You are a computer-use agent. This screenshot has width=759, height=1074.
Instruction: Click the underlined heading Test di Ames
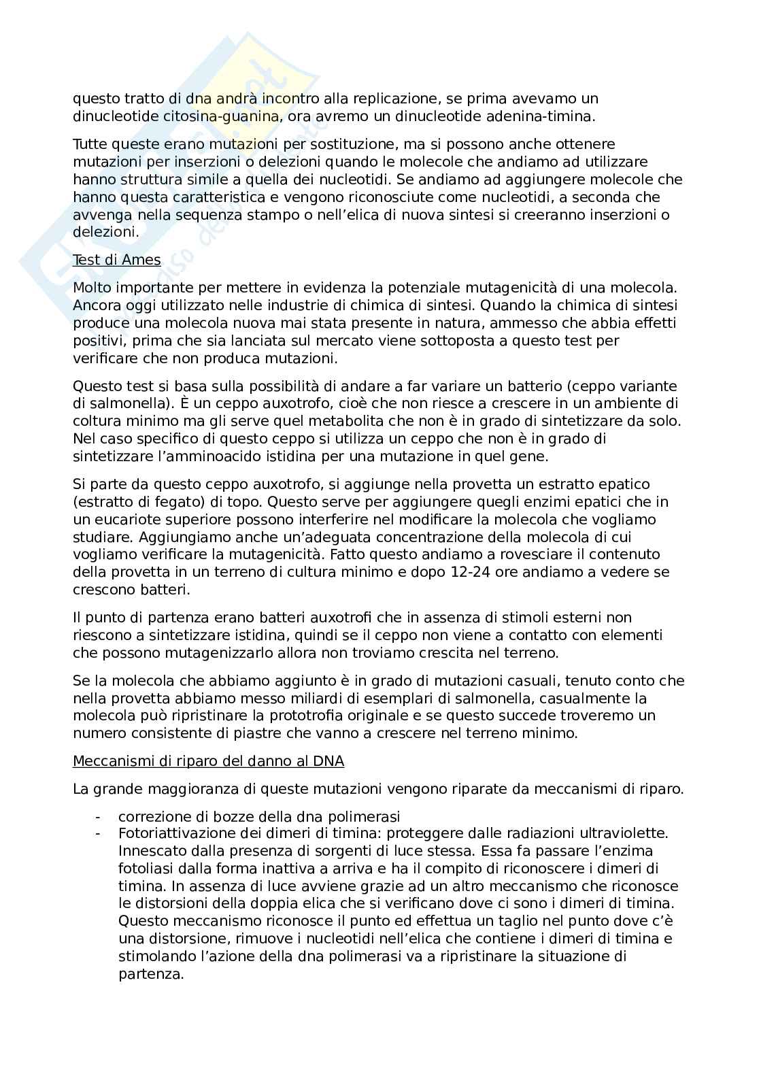116,259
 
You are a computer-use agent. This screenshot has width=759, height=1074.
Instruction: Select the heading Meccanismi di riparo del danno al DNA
208,761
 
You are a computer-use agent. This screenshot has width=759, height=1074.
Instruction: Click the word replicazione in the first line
393,99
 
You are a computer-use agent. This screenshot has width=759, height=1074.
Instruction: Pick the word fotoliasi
150,869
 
